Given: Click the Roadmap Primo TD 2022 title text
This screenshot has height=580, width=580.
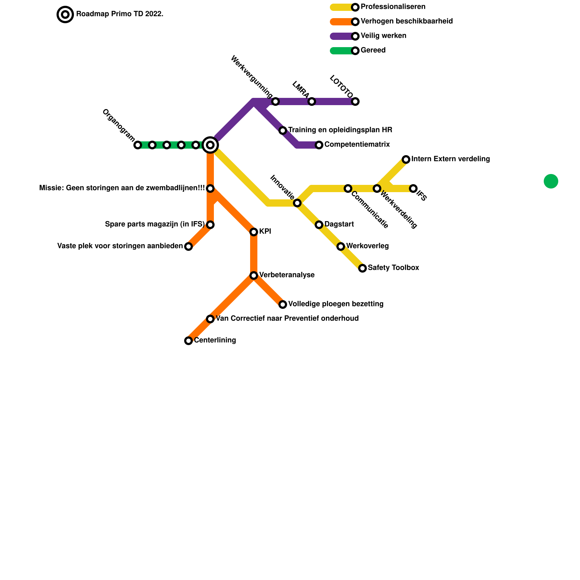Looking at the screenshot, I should [120, 14].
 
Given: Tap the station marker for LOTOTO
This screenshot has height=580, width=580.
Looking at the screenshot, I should [355, 101].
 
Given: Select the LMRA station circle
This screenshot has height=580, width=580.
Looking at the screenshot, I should [312, 101].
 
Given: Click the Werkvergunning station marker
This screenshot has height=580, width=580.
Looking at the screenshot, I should [275, 101].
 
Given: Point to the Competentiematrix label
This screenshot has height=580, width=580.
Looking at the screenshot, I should [357, 145].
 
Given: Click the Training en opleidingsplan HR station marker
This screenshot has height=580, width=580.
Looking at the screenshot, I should [283, 130].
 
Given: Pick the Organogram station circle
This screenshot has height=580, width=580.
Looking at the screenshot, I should [138, 145].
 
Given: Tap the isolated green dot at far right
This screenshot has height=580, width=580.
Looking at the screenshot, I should [551, 181].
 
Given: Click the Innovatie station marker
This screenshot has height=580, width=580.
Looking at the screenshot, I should [297, 203].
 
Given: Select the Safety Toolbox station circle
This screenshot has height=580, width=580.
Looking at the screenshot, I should [362, 268].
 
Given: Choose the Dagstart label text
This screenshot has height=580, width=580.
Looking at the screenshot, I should [339, 224].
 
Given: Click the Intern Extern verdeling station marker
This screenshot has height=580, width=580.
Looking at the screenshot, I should [406, 159].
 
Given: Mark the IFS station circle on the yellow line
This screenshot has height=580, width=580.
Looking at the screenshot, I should [413, 188].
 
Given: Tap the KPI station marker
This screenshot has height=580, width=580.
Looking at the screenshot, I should [254, 232].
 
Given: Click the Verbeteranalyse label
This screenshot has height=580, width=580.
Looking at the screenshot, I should [287, 275].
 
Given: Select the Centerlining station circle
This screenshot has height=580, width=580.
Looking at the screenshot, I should [188, 341].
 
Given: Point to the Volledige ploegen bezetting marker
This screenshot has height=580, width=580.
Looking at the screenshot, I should [283, 304].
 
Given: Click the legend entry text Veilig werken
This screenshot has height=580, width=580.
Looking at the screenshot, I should [384, 36].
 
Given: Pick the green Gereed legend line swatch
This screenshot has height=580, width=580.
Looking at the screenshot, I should [341, 51].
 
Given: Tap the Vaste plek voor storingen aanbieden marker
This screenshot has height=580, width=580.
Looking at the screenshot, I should [188, 246].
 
